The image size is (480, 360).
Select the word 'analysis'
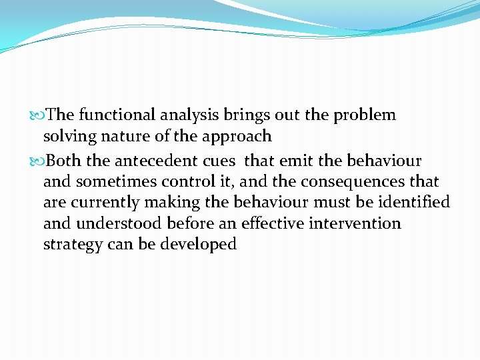(187, 115)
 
